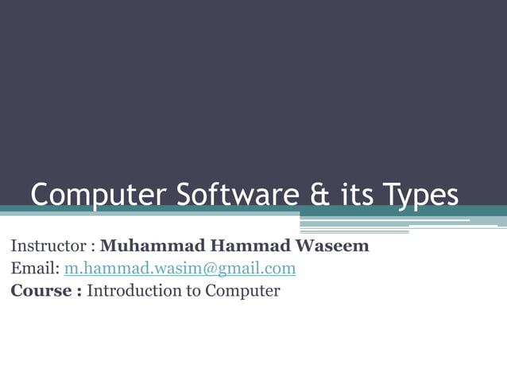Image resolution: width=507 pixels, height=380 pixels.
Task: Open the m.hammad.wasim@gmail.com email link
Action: tap(180, 268)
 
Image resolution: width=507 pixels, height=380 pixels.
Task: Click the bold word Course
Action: tap(41, 290)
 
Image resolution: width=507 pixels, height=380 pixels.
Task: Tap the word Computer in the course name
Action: tap(242, 291)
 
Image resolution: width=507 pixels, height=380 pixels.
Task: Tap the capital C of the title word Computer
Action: tap(41, 195)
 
